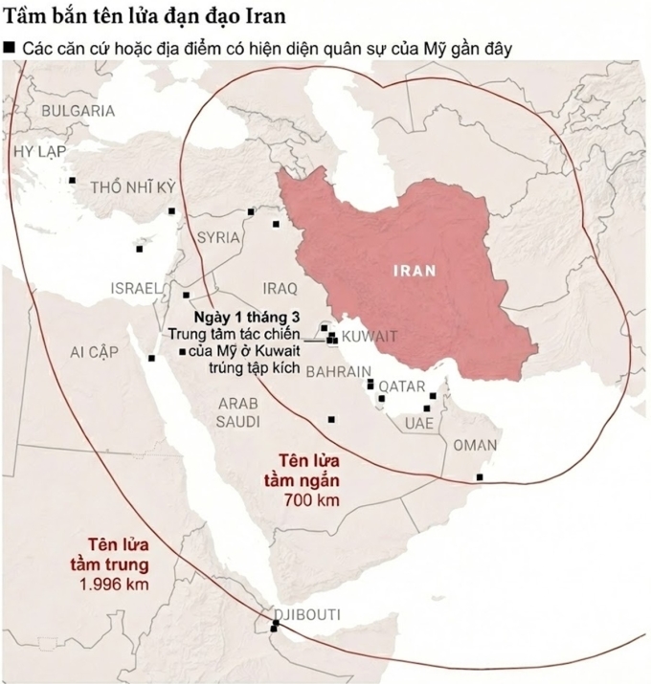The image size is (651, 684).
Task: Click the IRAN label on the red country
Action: point(415,271)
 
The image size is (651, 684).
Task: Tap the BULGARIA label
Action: point(78,111)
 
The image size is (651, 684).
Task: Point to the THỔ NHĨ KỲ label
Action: point(133,187)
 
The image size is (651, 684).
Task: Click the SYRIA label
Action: point(218,237)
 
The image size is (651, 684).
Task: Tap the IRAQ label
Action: point(280,287)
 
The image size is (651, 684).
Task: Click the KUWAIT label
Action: point(369,336)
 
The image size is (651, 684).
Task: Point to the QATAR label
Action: point(401,386)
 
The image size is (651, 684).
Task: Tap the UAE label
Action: point(418,423)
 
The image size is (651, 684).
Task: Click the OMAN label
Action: point(475,445)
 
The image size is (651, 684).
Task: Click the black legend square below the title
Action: point(10,47)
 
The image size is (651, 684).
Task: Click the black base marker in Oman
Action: point(480,476)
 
